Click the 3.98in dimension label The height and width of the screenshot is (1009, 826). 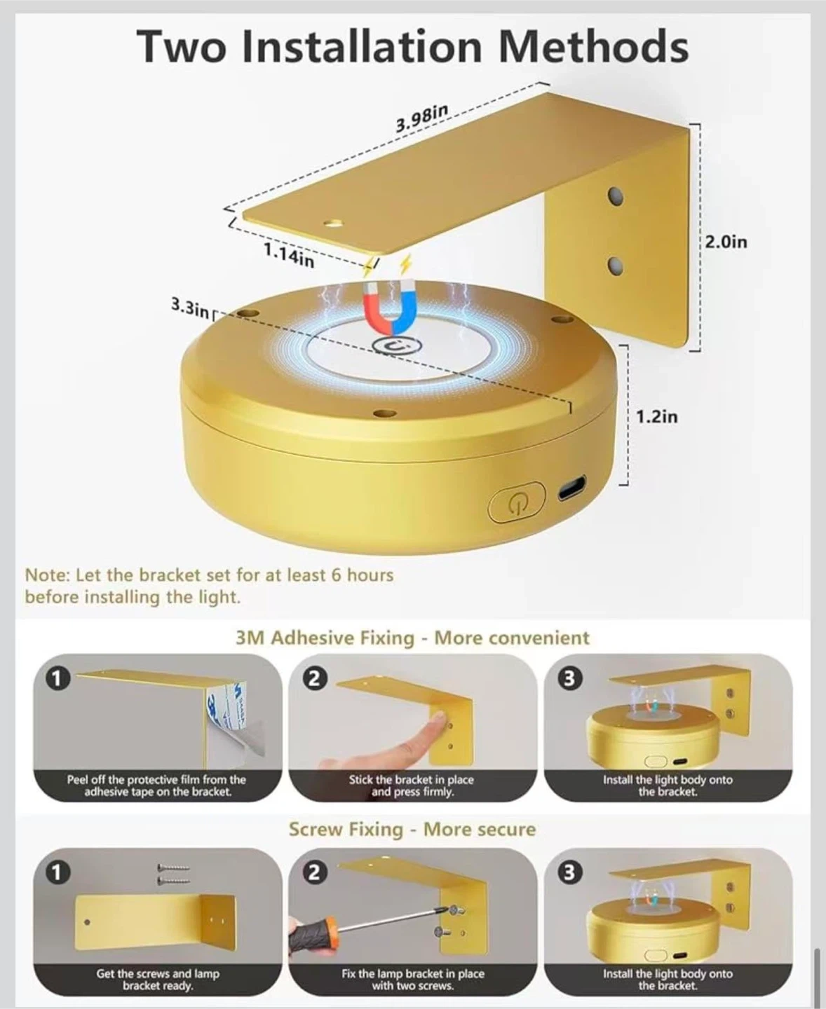coord(422,118)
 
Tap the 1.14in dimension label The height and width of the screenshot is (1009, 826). coord(289,255)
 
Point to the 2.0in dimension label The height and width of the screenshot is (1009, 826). coord(726,242)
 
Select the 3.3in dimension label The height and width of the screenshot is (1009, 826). coord(190,308)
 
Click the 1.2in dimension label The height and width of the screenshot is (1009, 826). coord(656,417)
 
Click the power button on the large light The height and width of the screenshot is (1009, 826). coord(517,502)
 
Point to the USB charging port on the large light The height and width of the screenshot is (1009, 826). coord(571,488)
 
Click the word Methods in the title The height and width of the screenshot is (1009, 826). coord(593,47)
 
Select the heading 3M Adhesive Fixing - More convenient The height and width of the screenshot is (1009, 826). coord(412,638)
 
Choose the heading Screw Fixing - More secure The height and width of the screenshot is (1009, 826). coord(412,829)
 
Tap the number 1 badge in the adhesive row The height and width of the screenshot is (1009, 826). coord(57,679)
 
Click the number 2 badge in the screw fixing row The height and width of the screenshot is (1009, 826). coord(313,873)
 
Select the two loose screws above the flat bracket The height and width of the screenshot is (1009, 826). coord(173,874)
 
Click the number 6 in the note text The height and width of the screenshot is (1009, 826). coord(337,575)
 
